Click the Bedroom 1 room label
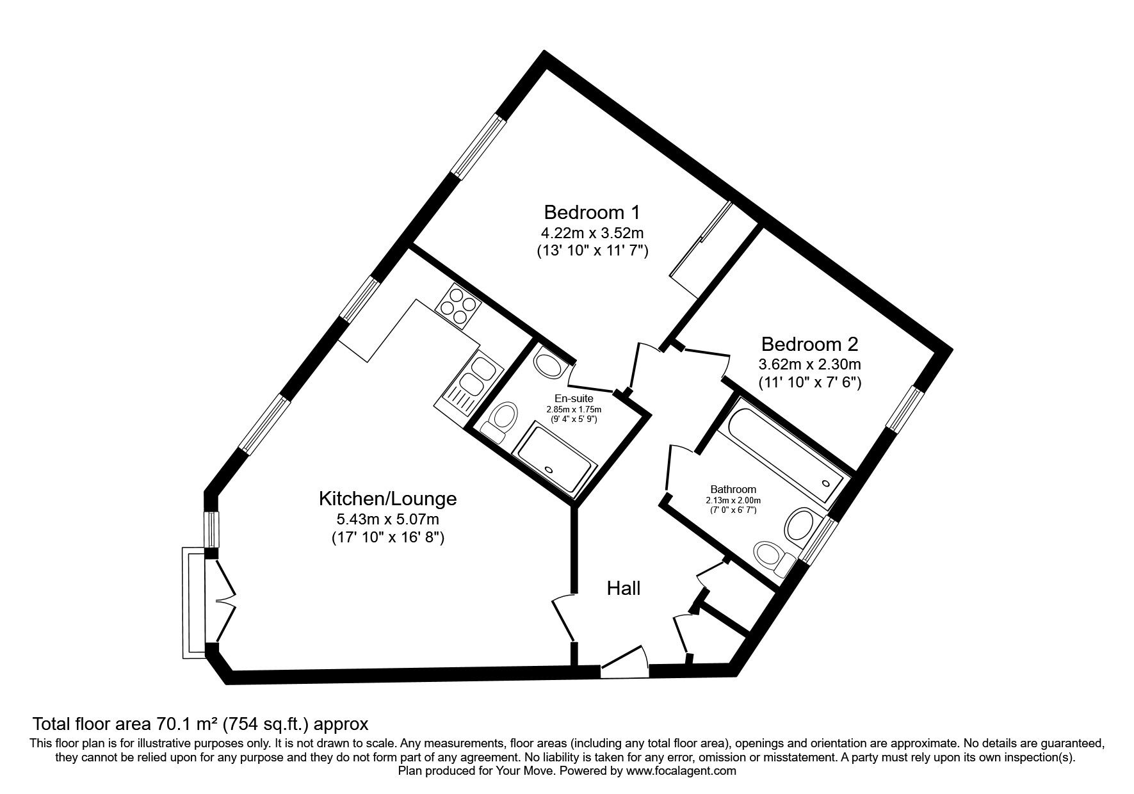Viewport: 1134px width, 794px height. [592, 211]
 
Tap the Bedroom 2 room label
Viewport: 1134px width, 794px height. [809, 344]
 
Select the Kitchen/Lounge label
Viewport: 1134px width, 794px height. [388, 498]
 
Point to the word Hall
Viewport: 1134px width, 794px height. [623, 588]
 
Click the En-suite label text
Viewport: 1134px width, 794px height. [574, 399]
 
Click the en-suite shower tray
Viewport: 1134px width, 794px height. [555, 462]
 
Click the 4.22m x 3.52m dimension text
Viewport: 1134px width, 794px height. [592, 232]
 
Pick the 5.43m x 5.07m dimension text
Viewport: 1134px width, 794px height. [388, 519]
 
